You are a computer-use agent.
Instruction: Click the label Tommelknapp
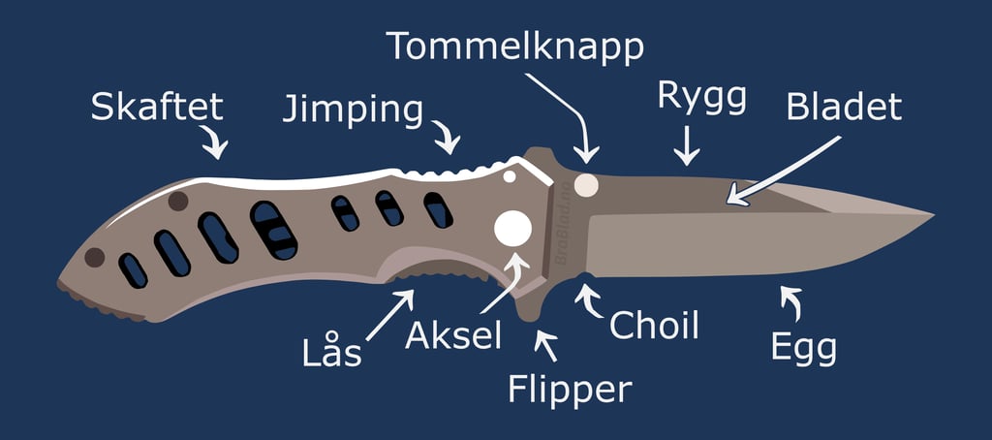[x=514, y=45]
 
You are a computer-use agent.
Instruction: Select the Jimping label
[x=353, y=110]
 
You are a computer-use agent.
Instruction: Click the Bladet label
[x=844, y=107]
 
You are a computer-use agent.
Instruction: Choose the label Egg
[x=803, y=346]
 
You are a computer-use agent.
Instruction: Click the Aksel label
[x=453, y=335]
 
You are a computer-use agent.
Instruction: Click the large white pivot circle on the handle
[x=513, y=230]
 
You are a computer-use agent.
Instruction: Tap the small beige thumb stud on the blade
[x=585, y=183]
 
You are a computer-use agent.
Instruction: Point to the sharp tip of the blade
[x=931, y=213]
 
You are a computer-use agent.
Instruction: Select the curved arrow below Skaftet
[x=215, y=143]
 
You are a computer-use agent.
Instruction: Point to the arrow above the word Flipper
[x=546, y=342]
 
